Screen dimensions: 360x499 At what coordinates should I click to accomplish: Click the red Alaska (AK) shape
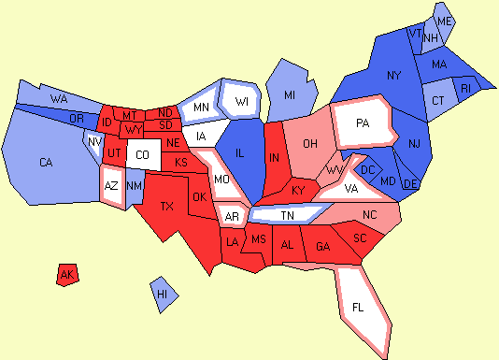click(66, 275)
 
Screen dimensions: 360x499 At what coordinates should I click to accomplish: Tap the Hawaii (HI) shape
click(164, 294)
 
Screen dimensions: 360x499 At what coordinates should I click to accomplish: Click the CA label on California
click(47, 163)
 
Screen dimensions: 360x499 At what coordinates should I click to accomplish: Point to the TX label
click(167, 206)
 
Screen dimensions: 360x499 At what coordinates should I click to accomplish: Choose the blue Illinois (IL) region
click(239, 154)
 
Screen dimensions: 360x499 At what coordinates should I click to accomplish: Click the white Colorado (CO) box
click(142, 154)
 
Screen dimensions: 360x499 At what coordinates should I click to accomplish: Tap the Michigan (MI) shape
click(290, 95)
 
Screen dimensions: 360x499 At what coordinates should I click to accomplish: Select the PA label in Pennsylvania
click(363, 122)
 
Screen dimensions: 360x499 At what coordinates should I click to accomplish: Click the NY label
click(393, 75)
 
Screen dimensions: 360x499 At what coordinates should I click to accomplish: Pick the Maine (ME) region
click(445, 21)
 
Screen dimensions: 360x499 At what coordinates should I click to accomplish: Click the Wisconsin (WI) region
click(242, 101)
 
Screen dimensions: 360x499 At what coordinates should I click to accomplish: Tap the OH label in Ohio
click(312, 143)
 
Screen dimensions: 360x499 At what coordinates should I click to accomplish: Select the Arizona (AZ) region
click(111, 185)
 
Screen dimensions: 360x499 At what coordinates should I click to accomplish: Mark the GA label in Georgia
click(323, 247)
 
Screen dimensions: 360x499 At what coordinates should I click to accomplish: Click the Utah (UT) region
click(113, 151)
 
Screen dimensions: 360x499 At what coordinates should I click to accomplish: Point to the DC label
click(368, 169)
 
